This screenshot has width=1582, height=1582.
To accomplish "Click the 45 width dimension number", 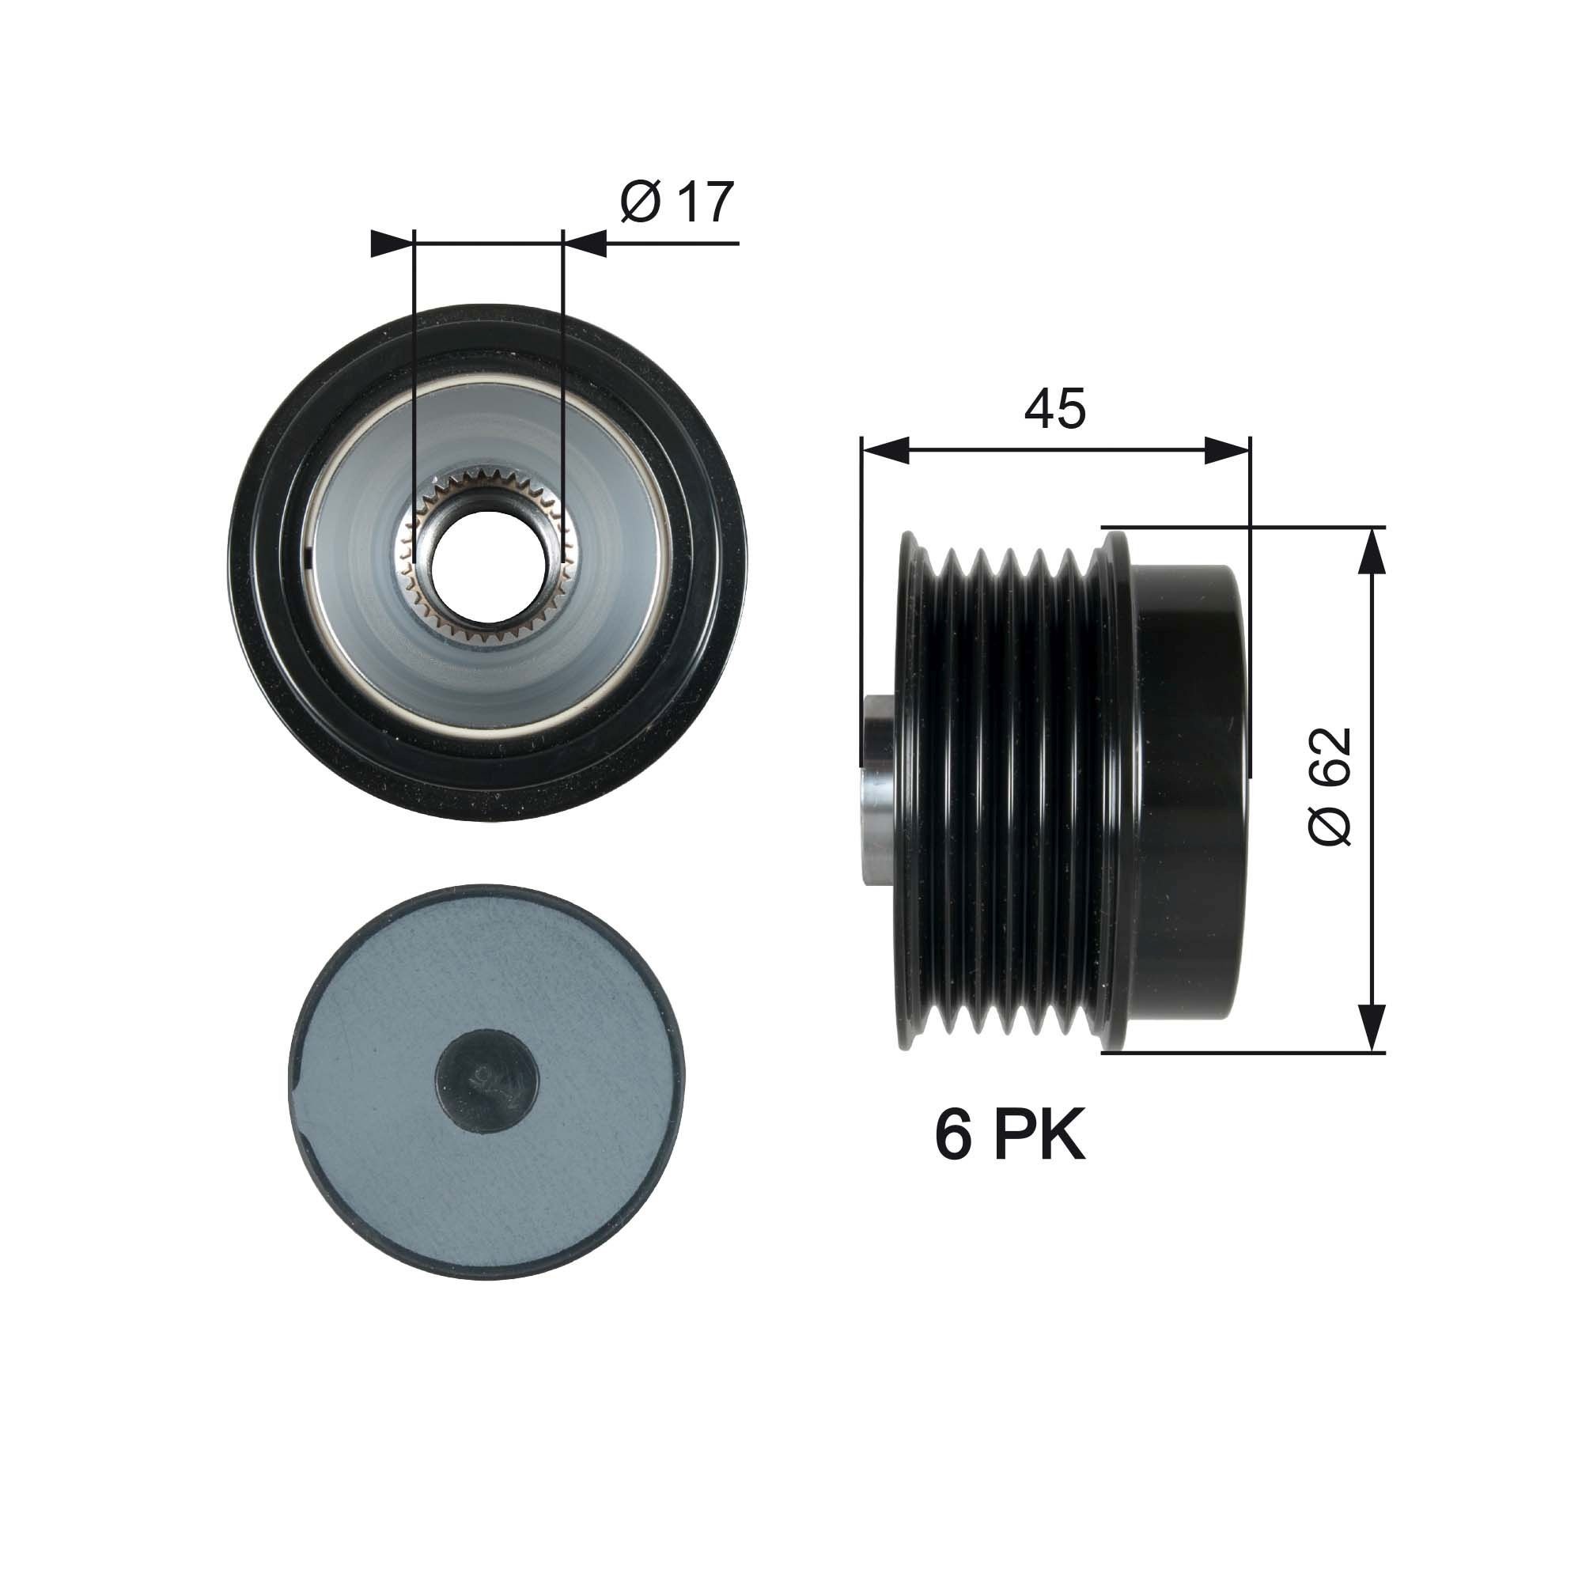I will click(1054, 409).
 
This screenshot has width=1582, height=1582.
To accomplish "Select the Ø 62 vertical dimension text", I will click(1327, 786).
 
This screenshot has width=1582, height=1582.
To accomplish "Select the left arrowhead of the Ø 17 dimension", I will click(391, 243).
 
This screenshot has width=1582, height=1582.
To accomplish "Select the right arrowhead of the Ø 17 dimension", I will click(586, 243).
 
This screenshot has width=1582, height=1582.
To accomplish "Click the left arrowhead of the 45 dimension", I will click(885, 450).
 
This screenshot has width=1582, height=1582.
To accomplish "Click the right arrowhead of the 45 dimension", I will click(1228, 450).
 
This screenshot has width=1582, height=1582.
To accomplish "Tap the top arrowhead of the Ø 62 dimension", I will click(1372, 552).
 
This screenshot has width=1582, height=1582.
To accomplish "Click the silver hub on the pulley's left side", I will click(879, 790).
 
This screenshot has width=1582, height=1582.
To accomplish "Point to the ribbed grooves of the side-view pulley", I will click(1007, 790).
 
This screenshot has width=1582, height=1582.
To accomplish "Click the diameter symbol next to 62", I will click(1327, 822).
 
